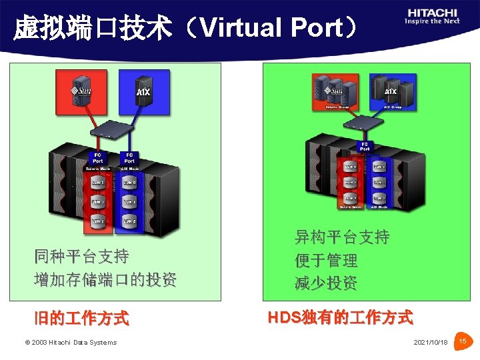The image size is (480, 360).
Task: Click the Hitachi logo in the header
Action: pos(432,16)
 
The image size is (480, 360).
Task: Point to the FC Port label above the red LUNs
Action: pos(98,159)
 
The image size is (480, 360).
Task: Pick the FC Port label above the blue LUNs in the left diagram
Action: pos(129,159)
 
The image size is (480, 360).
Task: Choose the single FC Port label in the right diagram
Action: pos(365,146)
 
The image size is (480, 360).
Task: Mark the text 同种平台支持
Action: pos(81,257)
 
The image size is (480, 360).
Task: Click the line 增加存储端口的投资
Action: pos(105,280)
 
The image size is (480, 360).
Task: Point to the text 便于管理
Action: pos(326,260)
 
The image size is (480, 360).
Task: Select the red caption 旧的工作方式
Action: pos(81,318)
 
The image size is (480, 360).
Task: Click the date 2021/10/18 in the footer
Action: pos(431,342)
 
